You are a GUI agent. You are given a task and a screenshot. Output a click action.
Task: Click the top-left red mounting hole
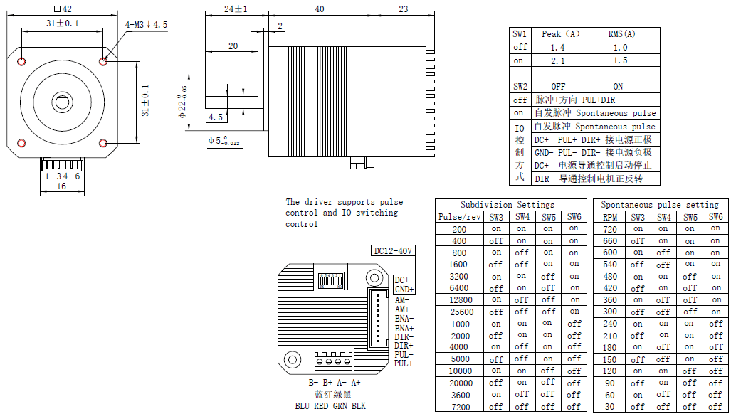[21, 61]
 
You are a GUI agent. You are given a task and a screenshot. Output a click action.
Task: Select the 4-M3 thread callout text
[146, 25]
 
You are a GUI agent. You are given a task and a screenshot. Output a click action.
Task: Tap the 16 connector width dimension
[61, 186]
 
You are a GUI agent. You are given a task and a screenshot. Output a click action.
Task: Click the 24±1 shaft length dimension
[236, 9]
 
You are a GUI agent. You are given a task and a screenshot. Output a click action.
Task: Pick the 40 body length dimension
[320, 9]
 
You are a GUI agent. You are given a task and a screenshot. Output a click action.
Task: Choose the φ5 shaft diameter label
[223, 141]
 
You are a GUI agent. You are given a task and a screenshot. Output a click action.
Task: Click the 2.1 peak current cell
[557, 60]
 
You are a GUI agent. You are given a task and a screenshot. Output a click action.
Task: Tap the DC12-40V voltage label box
[393, 251]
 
